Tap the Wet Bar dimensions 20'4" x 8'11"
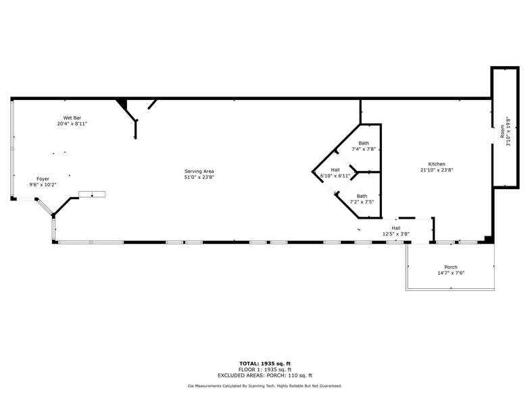[x=72, y=124]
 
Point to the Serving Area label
[x=199, y=171]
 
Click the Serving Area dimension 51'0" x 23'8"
[x=199, y=178]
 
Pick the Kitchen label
[x=437, y=164]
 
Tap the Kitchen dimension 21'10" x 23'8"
[x=437, y=170]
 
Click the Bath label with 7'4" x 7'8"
[x=364, y=143]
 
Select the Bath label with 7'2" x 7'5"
[x=362, y=196]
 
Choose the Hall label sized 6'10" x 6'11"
[x=335, y=169]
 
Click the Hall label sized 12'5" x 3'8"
[x=396, y=228]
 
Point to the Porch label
[x=451, y=267]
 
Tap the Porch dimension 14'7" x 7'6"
[x=451, y=273]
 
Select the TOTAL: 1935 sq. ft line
[x=264, y=364]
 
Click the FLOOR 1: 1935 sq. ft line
[x=264, y=369]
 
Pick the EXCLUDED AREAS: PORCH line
[x=264, y=375]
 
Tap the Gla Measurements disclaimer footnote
[x=264, y=386]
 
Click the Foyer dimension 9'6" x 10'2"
[x=43, y=184]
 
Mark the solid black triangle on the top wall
[x=122, y=104]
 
